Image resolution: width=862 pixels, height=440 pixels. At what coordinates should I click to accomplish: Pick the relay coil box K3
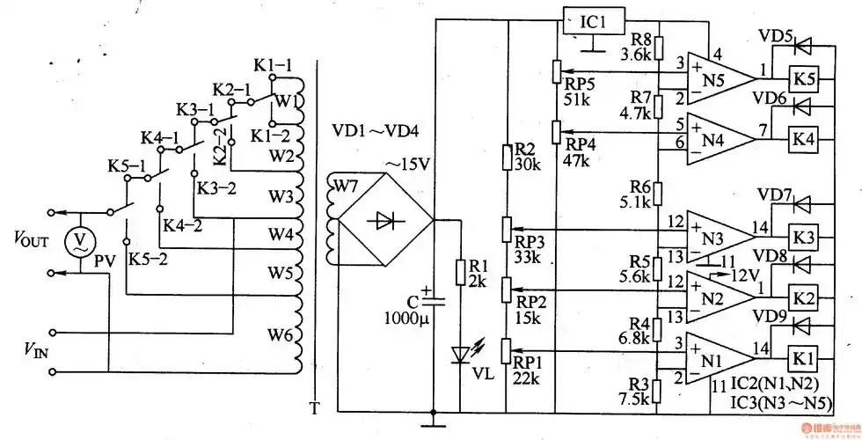click(x=802, y=238)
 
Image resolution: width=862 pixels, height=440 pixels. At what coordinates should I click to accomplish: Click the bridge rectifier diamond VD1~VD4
click(x=384, y=221)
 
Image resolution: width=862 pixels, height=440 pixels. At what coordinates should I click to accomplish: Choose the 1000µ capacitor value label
click(x=407, y=317)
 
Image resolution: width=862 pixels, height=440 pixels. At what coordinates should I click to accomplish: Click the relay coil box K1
click(x=802, y=358)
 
